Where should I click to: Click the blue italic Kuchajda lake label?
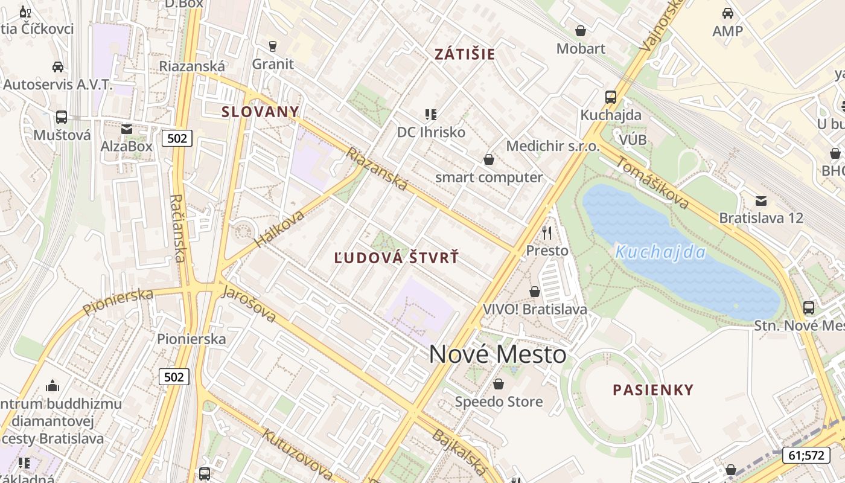660,252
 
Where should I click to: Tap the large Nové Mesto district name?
498,354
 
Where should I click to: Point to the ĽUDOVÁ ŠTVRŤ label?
397,258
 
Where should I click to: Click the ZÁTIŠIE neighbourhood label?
465,54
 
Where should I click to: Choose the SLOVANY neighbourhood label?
260,111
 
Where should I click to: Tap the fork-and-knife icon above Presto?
547,232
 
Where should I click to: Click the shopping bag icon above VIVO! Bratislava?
534,292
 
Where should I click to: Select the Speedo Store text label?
499,401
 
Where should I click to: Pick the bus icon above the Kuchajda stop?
610,97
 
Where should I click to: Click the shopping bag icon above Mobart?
581,31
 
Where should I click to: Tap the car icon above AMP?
727,13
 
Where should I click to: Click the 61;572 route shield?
806,455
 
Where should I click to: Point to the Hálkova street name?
279,224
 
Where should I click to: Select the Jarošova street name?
249,304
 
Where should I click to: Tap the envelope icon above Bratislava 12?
760,200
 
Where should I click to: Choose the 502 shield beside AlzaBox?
177,138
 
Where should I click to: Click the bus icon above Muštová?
62,117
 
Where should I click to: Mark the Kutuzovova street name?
296,453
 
